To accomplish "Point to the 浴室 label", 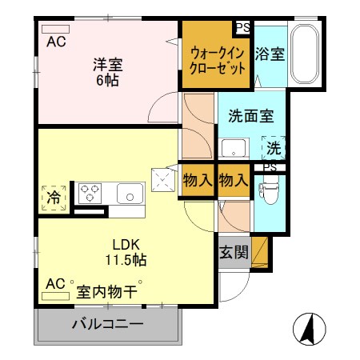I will (270, 54).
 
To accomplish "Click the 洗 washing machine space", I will (274, 147).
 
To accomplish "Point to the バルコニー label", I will (108, 325).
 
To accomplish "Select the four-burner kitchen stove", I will (90, 193).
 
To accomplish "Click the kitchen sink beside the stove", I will (128, 194).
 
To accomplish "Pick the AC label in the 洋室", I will (55, 42).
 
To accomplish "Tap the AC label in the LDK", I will (54, 284).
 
